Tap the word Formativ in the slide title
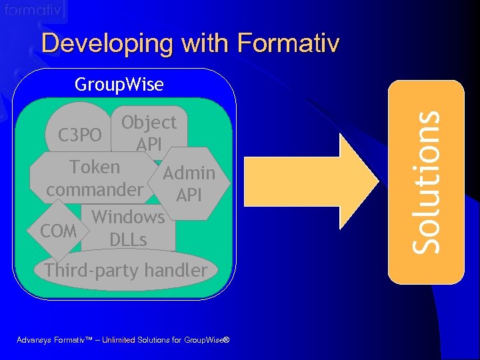[288, 44]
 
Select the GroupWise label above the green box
[119, 85]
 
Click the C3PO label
[80, 135]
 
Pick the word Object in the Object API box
[149, 123]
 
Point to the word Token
[95, 167]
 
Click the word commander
[95, 189]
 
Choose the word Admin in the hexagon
[189, 174]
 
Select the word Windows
[128, 217]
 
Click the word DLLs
[128, 239]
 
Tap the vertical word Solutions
[426, 181]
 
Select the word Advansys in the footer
[36, 340]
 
